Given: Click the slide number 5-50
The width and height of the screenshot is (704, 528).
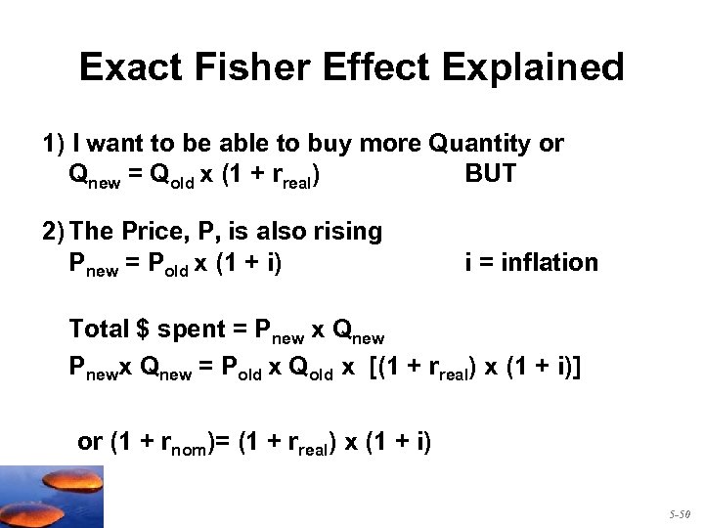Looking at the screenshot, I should pos(681,512).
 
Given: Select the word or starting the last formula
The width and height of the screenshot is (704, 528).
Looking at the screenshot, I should pos(89,442).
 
